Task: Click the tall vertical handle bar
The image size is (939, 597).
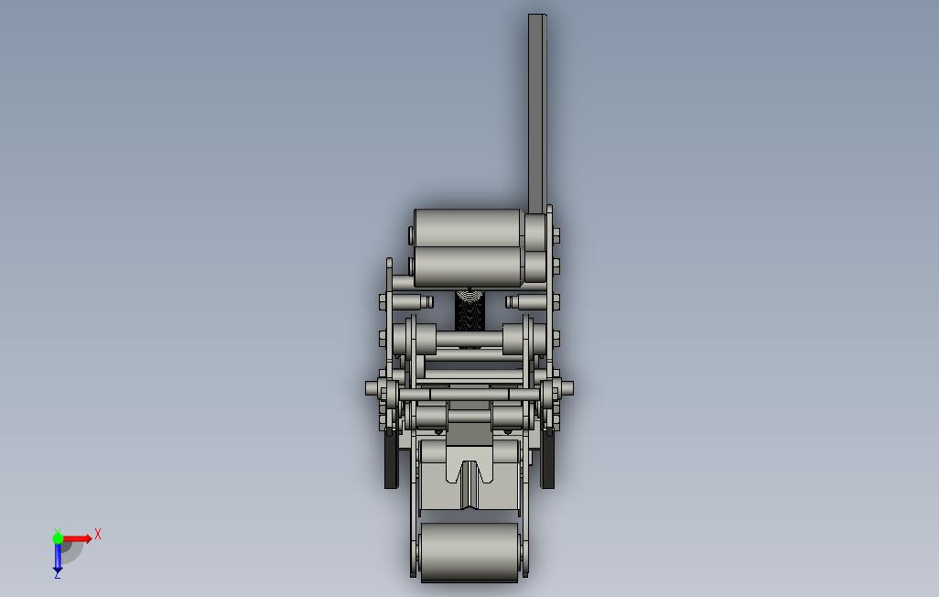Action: [537, 114]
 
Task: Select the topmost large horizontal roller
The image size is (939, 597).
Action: [467, 228]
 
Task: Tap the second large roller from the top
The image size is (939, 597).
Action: [467, 266]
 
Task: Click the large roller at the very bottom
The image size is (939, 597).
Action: [469, 552]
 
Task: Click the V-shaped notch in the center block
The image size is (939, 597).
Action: [469, 473]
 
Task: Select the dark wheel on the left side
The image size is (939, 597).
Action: [391, 459]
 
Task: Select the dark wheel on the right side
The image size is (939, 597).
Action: [548, 459]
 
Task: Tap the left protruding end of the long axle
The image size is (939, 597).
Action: [372, 388]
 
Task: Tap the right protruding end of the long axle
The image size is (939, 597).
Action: [567, 388]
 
